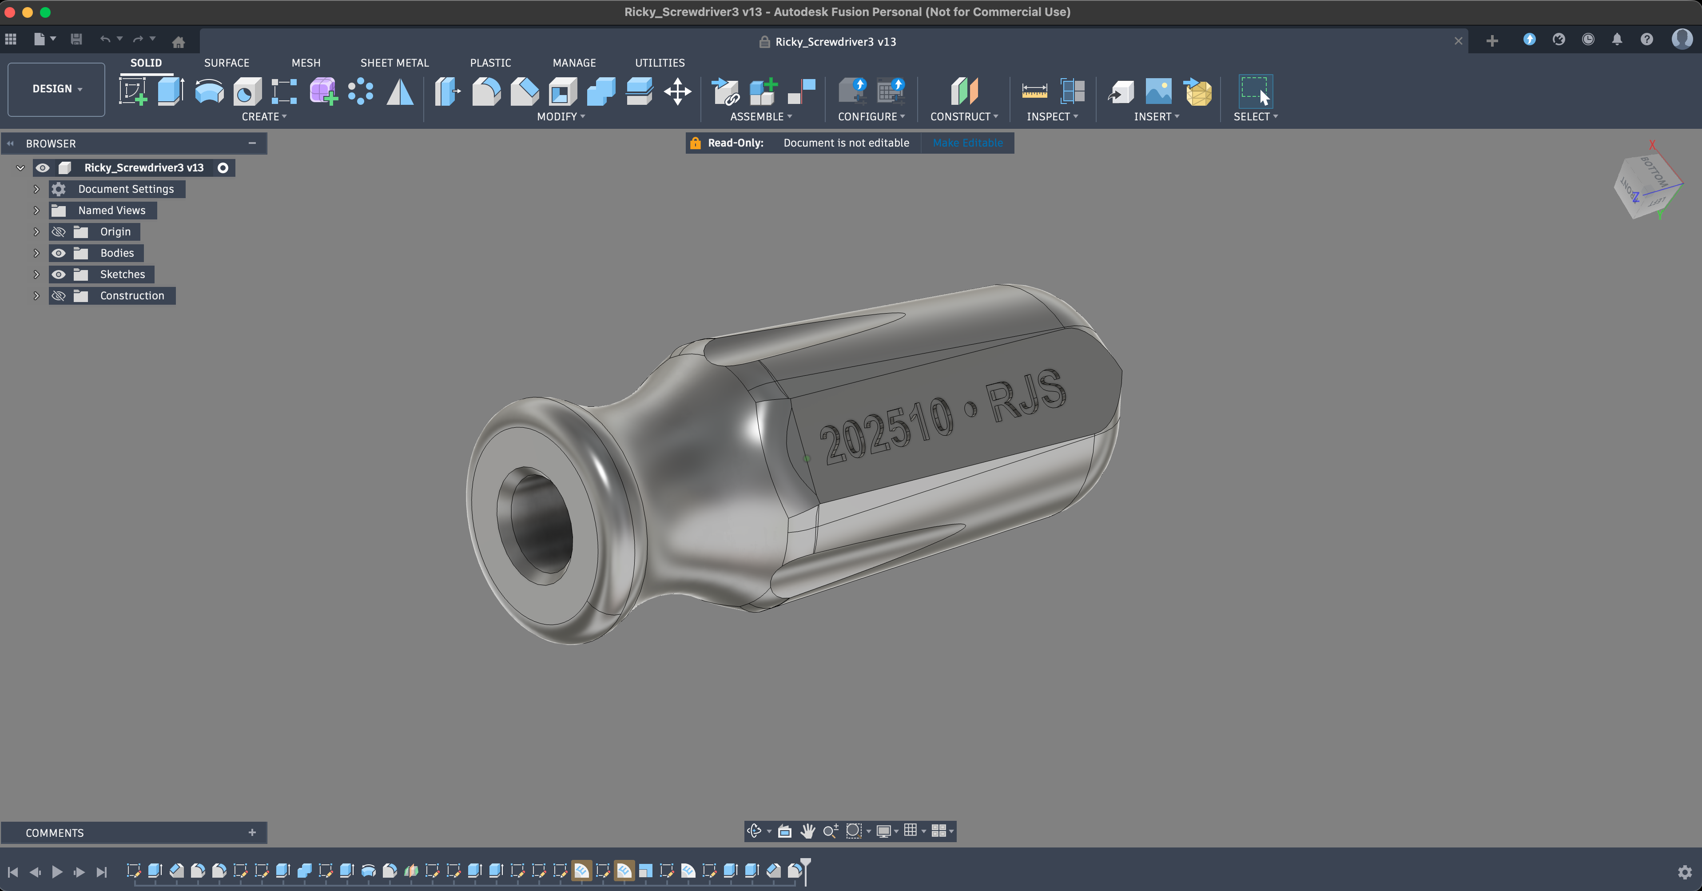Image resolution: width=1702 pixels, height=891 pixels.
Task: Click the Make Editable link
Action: tap(967, 143)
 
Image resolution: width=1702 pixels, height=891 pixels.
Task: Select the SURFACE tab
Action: tap(227, 63)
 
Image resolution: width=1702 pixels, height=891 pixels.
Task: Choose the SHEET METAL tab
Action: tap(394, 63)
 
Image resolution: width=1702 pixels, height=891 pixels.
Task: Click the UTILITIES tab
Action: tap(660, 63)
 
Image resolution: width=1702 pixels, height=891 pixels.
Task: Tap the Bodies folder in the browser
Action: tap(117, 253)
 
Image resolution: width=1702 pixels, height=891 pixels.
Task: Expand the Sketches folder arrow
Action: tap(37, 274)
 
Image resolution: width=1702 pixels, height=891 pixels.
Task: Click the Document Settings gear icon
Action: tap(59, 189)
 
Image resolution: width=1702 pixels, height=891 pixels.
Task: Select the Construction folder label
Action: tap(132, 296)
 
